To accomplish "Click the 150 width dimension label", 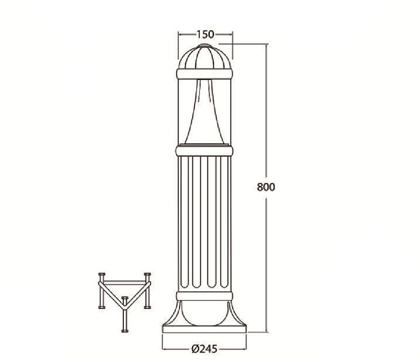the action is coord(205,34).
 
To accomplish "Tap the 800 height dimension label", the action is coord(266,187).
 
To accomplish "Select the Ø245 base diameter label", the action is coord(205,349).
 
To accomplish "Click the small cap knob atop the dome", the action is coord(205,46).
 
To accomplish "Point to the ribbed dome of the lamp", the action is coord(205,58).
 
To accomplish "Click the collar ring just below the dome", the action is coord(205,74).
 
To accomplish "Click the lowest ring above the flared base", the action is coord(205,296).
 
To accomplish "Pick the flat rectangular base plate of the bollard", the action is coord(205,329).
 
